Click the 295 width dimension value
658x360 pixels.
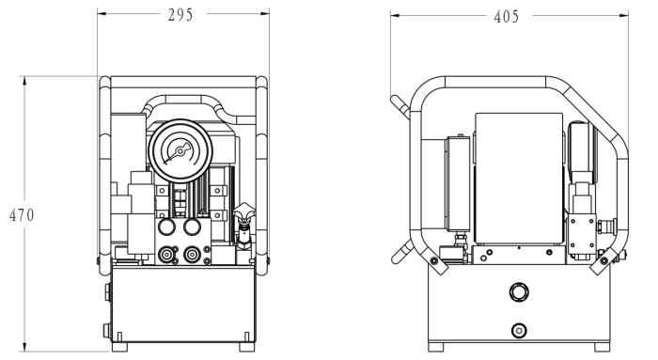pyautogui.click(x=180, y=15)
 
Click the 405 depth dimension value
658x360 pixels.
pyautogui.click(x=507, y=17)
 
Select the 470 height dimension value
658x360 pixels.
pyautogui.click(x=22, y=215)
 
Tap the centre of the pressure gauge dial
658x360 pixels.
pyautogui.click(x=180, y=150)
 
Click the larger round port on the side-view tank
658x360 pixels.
pyautogui.click(x=519, y=291)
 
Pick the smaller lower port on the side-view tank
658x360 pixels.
pyautogui.click(x=519, y=331)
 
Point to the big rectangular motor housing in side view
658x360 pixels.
pyautogui.click(x=519, y=179)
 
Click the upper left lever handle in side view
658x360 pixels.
pyautogui.click(x=399, y=107)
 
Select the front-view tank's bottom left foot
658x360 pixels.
pyautogui.click(x=119, y=347)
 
